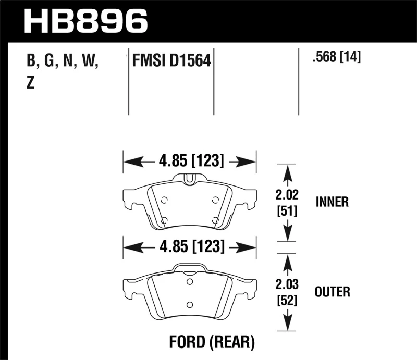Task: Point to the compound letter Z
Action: click(30, 84)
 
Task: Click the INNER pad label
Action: click(332, 202)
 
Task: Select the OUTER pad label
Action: click(332, 292)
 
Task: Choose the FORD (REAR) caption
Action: click(212, 342)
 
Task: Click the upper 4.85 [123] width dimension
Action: click(190, 162)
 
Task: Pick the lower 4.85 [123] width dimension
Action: click(190, 246)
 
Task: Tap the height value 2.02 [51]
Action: click(286, 203)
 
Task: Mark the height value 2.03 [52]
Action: click(286, 292)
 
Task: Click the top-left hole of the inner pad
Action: click(164, 200)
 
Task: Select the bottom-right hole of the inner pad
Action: click(216, 220)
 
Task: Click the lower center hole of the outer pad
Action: click(190, 305)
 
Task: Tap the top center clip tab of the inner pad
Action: click(190, 178)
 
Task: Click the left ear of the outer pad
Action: click(128, 287)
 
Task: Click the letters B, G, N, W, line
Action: click(63, 62)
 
